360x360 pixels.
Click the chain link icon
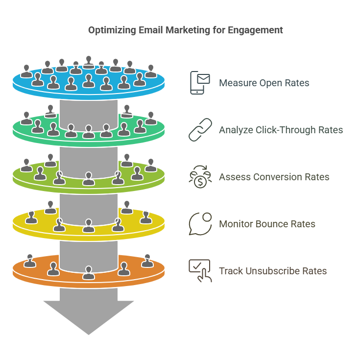tap(200, 130)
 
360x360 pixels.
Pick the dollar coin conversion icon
tap(200, 177)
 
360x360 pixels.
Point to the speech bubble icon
tap(200, 224)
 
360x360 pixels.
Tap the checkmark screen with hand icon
tap(200, 271)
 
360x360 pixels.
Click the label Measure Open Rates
tap(264, 83)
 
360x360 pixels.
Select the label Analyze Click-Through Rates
tap(281, 130)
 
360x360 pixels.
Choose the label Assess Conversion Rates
tap(274, 177)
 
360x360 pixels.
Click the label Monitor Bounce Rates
tap(267, 224)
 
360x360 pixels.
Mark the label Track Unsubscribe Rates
tap(273, 271)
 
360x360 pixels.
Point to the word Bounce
tap(273, 224)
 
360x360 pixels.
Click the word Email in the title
tap(149, 30)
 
